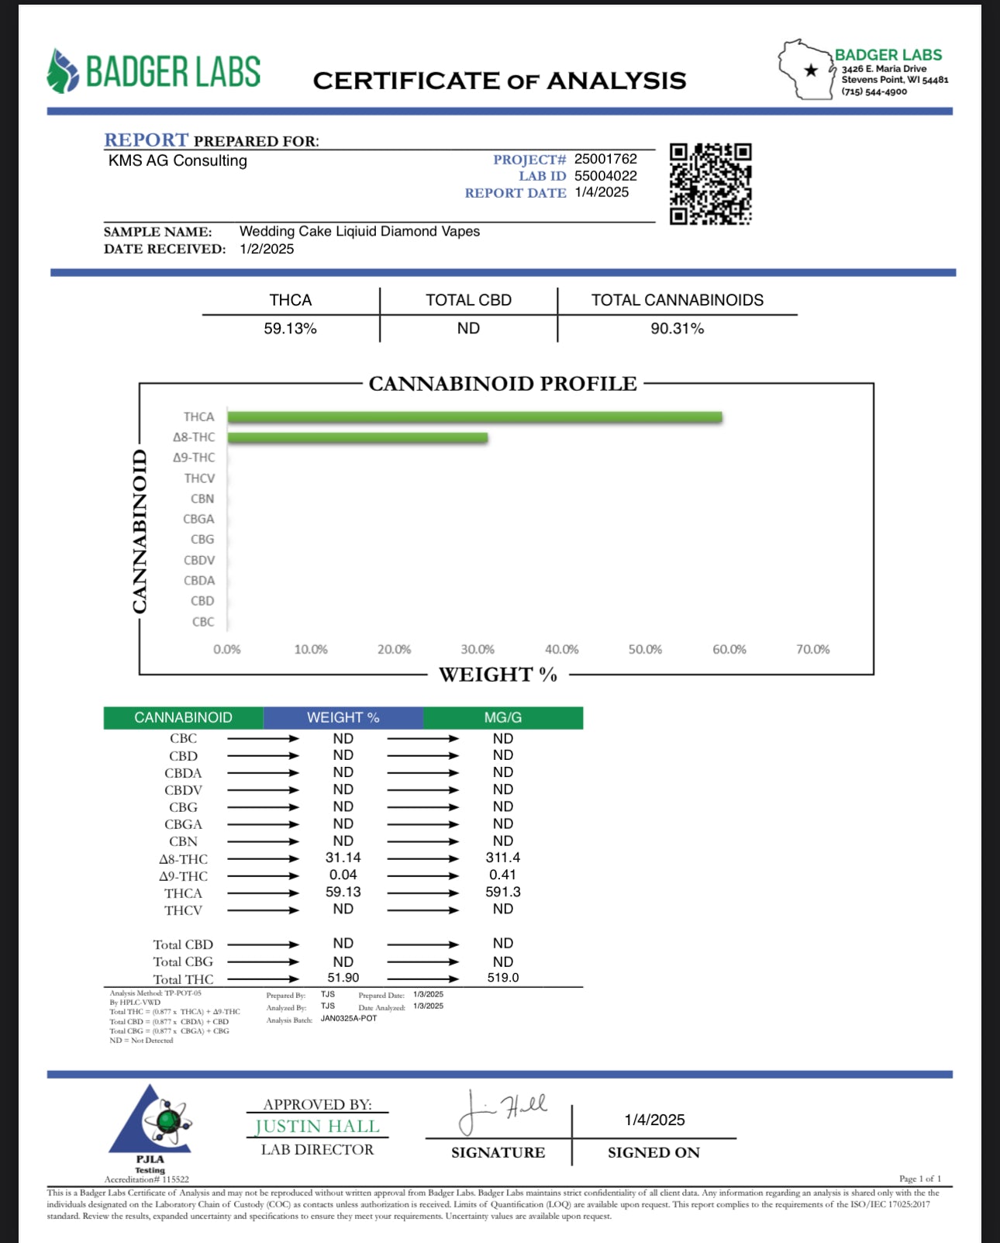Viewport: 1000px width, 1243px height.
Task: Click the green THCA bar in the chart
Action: point(474,417)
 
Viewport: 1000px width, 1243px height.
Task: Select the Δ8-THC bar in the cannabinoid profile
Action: point(357,437)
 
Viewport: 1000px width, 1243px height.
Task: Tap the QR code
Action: point(710,184)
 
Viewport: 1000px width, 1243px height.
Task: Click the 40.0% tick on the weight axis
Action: point(561,649)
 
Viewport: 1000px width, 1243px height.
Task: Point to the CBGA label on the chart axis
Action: point(198,519)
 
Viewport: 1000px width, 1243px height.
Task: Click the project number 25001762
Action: point(605,159)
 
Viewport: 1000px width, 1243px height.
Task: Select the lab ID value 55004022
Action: point(605,176)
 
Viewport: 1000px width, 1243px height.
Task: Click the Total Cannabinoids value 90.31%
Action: point(677,329)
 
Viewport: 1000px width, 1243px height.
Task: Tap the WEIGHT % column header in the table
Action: point(343,717)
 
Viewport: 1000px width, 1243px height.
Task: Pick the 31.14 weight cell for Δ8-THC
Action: point(343,858)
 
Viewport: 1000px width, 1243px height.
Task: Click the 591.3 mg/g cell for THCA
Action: point(502,892)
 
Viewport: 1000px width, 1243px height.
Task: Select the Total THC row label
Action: point(183,979)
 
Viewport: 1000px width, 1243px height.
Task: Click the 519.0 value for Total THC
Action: point(502,978)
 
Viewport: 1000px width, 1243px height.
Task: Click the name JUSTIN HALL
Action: point(317,1126)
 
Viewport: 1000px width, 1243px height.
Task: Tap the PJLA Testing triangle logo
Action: point(152,1121)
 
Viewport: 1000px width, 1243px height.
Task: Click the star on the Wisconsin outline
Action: point(811,71)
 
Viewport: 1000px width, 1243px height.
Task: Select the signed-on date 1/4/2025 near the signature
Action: point(654,1120)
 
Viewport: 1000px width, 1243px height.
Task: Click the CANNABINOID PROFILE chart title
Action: point(502,384)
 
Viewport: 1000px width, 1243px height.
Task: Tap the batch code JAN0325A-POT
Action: point(349,1019)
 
